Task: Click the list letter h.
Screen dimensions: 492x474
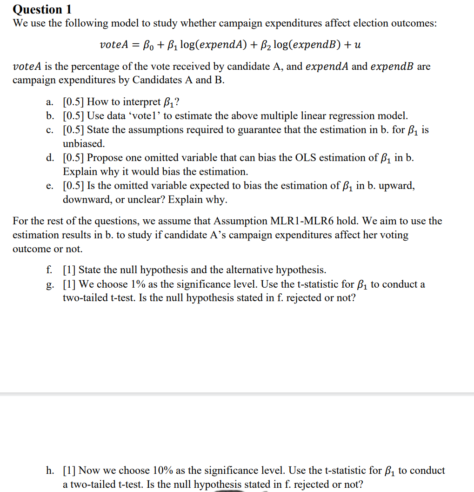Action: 50,471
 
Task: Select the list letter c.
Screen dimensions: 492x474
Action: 50,130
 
